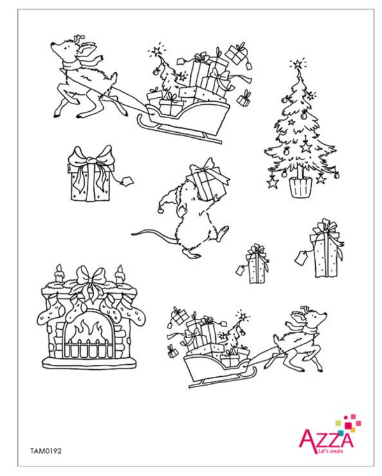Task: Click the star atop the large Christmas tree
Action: tap(295, 64)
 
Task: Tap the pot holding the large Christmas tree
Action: tap(300, 186)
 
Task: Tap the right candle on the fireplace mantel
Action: tap(119, 275)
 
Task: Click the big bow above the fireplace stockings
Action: tap(89, 278)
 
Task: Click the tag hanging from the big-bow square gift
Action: tap(128, 180)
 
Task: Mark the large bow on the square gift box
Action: tap(91, 158)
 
